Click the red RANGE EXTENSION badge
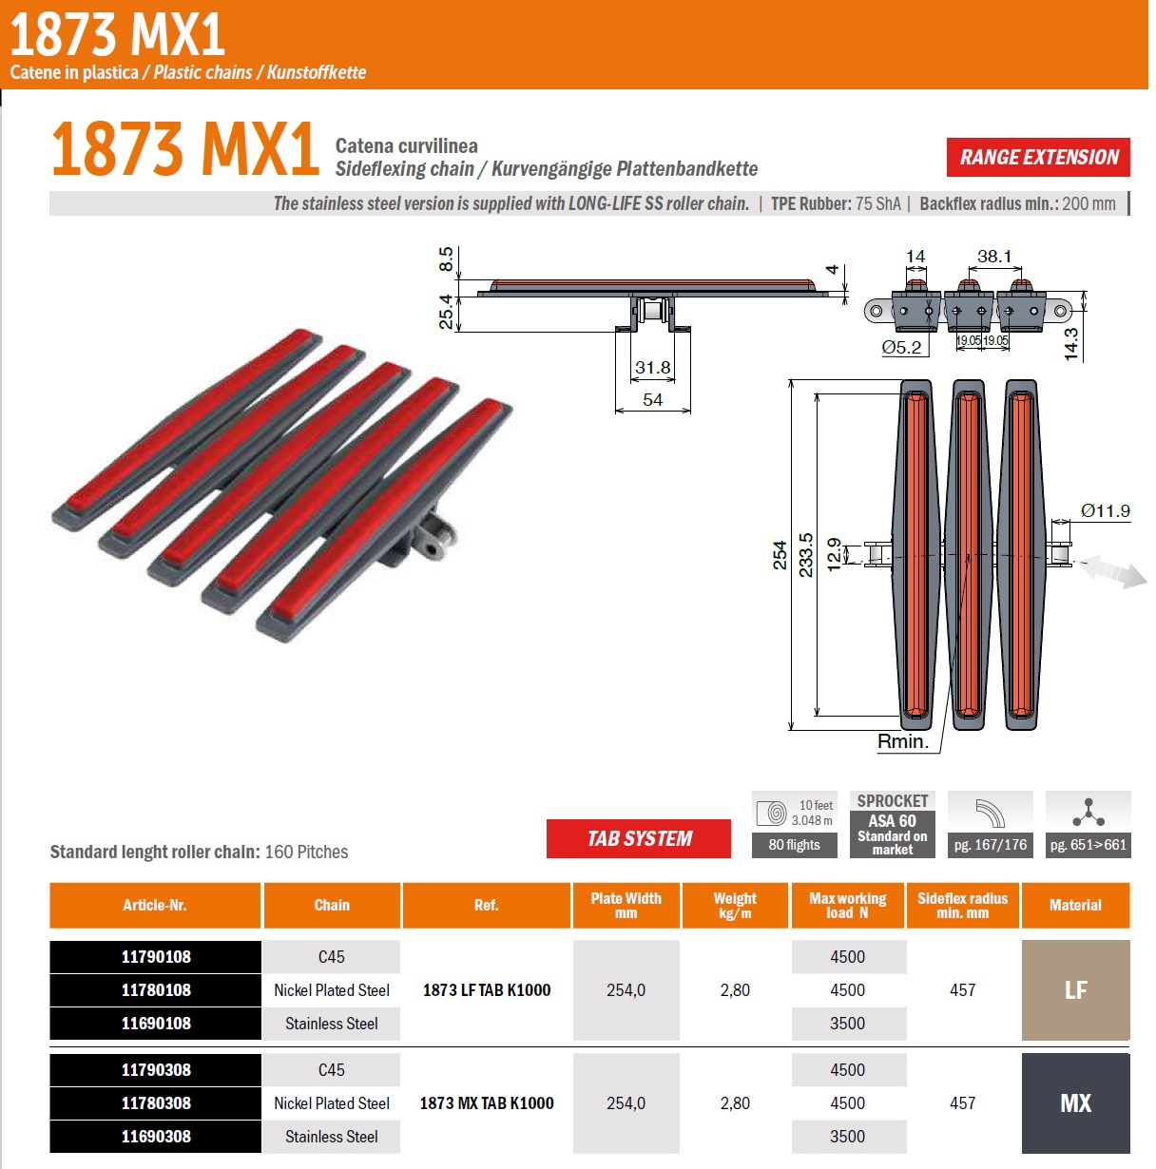pyautogui.click(x=1038, y=157)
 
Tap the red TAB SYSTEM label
pyautogui.click(x=639, y=838)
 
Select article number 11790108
pyautogui.click(x=156, y=957)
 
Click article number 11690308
pyautogui.click(x=156, y=1137)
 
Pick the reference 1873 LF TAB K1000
pyautogui.click(x=487, y=990)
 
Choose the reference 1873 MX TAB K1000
pyautogui.click(x=487, y=1102)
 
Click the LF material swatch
pyautogui.click(x=1075, y=990)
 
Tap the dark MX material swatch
pyautogui.click(x=1075, y=1102)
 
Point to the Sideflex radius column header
pyautogui.click(x=962, y=905)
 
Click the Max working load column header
pyautogui.click(x=847, y=905)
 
